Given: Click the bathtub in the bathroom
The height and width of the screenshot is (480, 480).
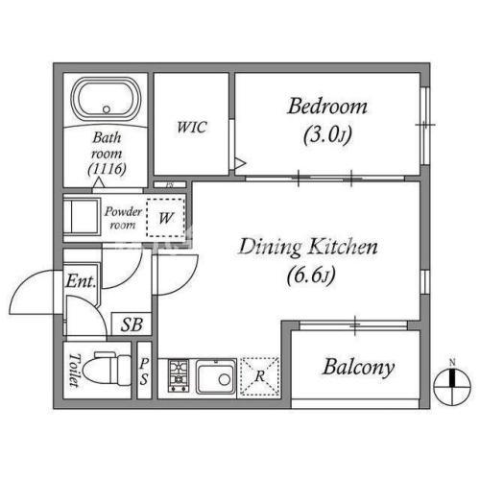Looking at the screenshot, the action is coord(107,98).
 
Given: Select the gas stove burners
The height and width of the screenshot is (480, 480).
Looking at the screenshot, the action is coord(179,375).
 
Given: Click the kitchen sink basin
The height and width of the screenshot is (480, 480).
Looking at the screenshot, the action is coord(216,376).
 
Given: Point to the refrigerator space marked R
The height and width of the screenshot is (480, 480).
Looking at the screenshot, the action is coord(259,376).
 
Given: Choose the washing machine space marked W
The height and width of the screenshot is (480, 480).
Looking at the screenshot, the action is coord(165,218).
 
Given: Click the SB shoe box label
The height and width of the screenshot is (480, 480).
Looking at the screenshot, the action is coord(132,324).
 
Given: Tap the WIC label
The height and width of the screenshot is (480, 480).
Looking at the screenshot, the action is coord(192,127).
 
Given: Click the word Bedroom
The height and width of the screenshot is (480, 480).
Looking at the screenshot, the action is coord(327,107).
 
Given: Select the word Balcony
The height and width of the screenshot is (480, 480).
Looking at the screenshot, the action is coord(358,368).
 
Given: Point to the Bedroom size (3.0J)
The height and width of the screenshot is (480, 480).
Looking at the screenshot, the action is coord(327,134).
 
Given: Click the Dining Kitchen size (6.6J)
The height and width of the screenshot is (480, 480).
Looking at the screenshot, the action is coord(311,276).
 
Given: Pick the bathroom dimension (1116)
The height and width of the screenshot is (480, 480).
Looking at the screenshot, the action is coord(107,168).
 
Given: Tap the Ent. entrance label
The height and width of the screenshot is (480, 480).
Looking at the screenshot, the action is coord(81,281).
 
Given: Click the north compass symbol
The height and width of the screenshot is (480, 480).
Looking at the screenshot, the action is coord(452,384).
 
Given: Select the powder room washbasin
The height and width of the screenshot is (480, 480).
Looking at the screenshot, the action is coord(81,217).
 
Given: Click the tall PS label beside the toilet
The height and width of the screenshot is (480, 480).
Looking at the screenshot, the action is coord(144,372).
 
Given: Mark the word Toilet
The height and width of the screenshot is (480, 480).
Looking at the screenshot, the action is coord(74,371).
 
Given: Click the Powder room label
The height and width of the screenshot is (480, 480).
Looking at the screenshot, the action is coord(123,218).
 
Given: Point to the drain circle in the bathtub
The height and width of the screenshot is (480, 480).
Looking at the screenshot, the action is coord(107,109).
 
